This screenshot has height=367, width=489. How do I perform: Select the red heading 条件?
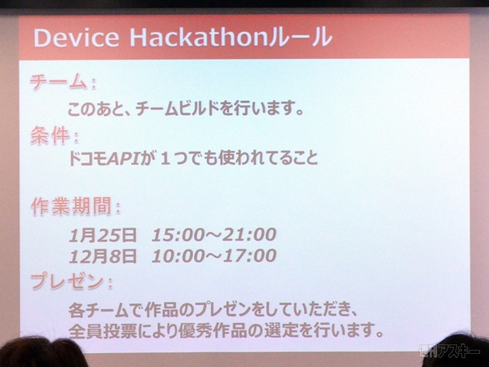coord(50,135)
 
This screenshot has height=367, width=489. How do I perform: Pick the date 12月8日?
coord(102,256)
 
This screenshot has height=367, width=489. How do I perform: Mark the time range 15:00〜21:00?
coord(214,235)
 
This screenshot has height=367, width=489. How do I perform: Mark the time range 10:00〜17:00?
coord(214,256)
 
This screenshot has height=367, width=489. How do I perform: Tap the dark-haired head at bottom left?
coord(41,354)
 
